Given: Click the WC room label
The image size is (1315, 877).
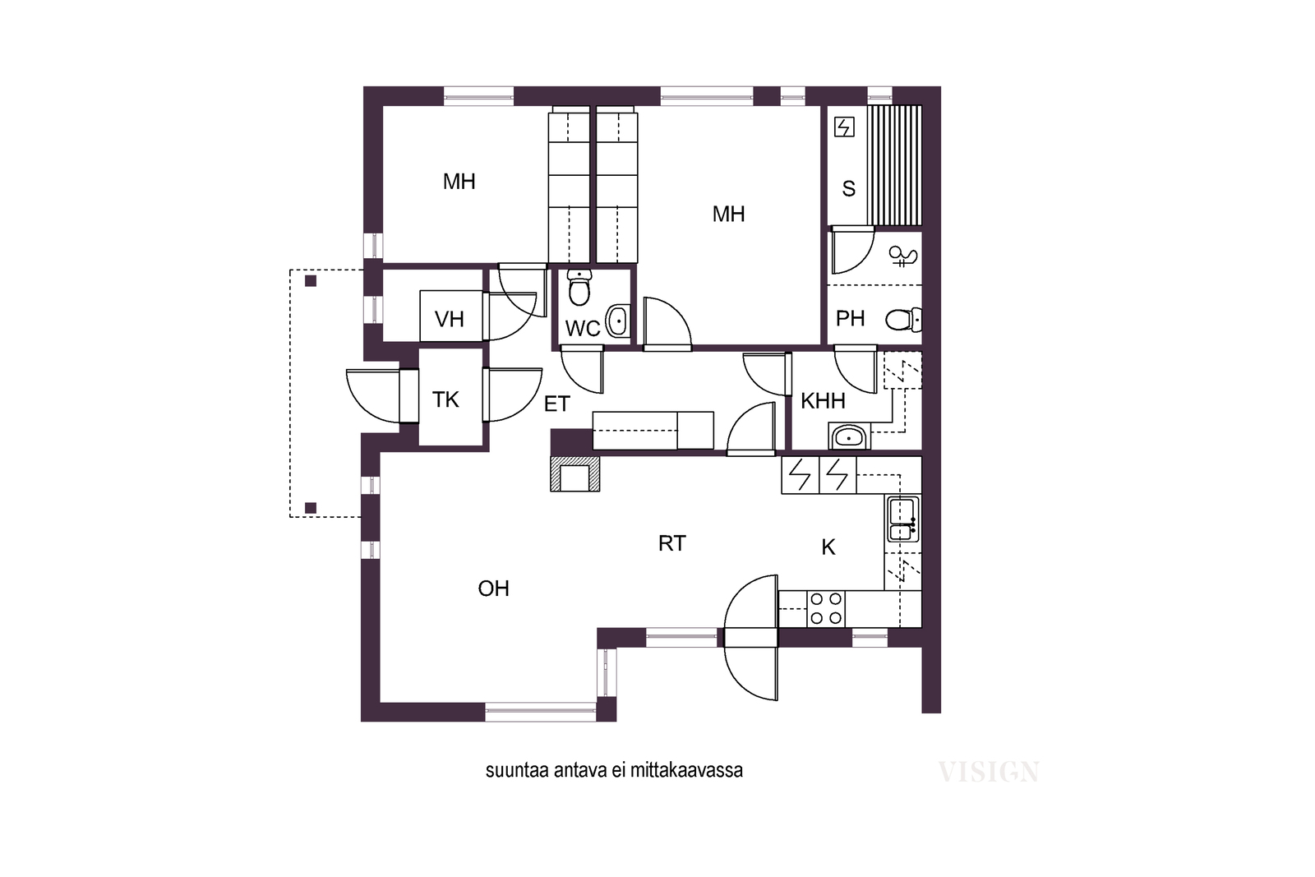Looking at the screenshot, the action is [x=583, y=329].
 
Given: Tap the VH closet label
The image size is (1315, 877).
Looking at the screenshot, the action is [x=449, y=320].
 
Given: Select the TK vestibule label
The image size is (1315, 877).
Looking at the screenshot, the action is [x=445, y=399].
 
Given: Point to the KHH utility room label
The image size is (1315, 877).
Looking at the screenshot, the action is [x=823, y=402].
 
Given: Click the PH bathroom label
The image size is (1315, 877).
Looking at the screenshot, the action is [x=850, y=319].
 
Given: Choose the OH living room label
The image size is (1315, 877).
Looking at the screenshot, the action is [x=493, y=589].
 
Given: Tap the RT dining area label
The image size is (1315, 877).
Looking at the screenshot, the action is [x=671, y=543].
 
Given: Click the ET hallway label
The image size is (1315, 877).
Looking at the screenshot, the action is [x=557, y=404].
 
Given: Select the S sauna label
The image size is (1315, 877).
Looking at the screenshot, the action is [x=848, y=188].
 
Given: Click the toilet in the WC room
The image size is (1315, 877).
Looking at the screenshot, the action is [x=579, y=288].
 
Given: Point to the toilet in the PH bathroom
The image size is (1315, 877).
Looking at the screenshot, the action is [x=903, y=320].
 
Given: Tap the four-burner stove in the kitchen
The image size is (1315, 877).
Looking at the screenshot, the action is [x=825, y=609].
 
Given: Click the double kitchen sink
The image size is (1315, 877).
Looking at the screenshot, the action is [x=902, y=519].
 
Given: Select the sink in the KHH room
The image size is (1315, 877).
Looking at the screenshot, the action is [x=850, y=436].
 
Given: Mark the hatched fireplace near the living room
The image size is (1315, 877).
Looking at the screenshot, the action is [x=574, y=473].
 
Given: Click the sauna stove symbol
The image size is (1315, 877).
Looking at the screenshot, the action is [x=844, y=127].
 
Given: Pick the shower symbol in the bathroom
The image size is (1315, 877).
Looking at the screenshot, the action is [x=903, y=256].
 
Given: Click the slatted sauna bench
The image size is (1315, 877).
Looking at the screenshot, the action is [x=894, y=165].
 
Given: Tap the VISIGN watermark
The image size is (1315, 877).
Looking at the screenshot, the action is [x=989, y=772].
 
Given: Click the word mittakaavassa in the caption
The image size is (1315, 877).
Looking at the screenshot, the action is [x=686, y=770].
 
